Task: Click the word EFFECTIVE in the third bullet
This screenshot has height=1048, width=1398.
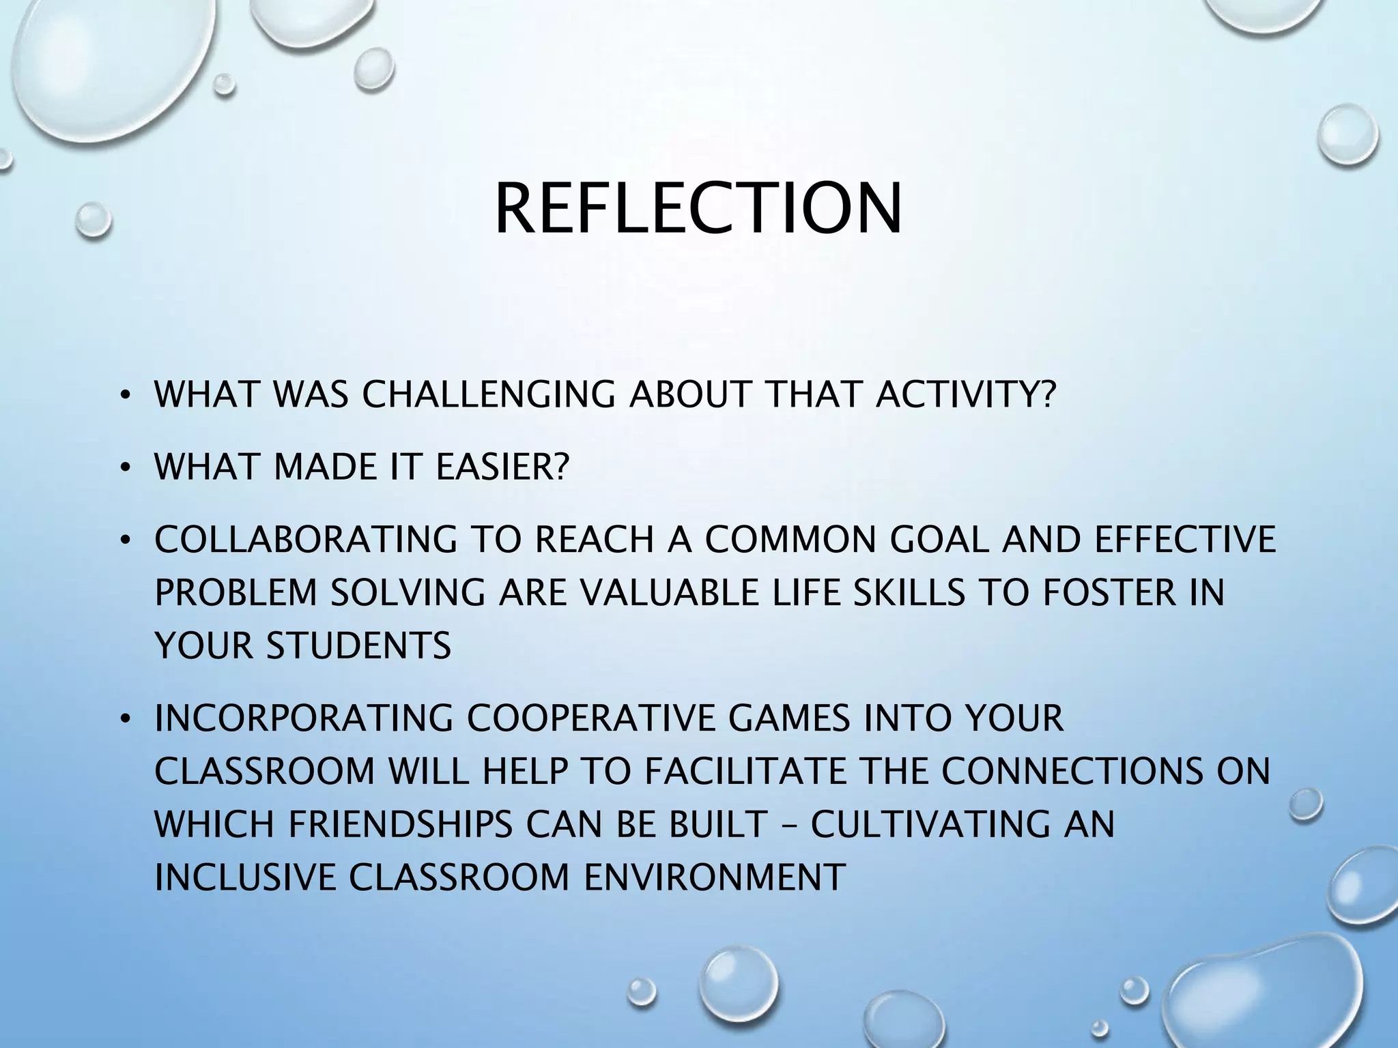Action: pos(1185,540)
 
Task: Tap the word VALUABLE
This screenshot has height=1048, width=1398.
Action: pos(629,592)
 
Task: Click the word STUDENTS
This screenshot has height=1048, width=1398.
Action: pos(358,645)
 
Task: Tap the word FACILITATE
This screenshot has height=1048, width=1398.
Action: pos(745,772)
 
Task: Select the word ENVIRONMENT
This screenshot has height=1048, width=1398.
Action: pos(715,877)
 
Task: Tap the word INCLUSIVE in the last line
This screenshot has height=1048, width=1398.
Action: pos(246,877)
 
